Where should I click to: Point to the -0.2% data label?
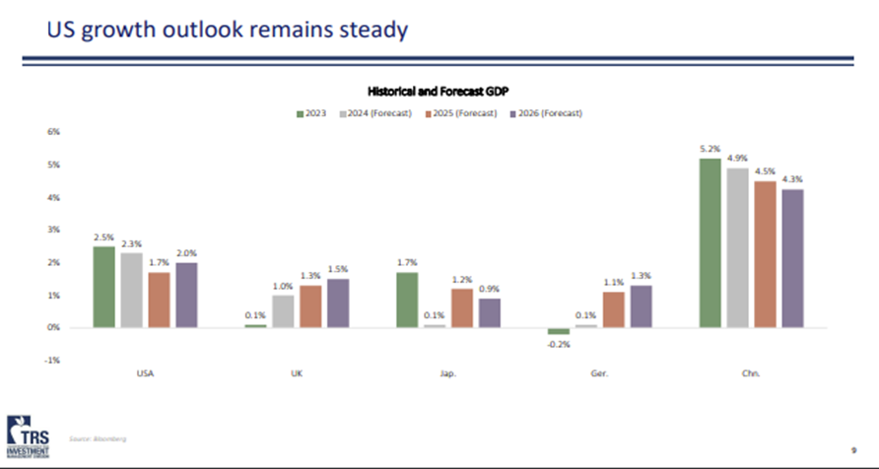(x=559, y=344)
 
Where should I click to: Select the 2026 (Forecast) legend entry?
(x=546, y=112)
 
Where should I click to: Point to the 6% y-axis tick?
(x=54, y=132)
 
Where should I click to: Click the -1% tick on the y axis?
(x=54, y=361)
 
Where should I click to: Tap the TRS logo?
(x=32, y=434)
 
